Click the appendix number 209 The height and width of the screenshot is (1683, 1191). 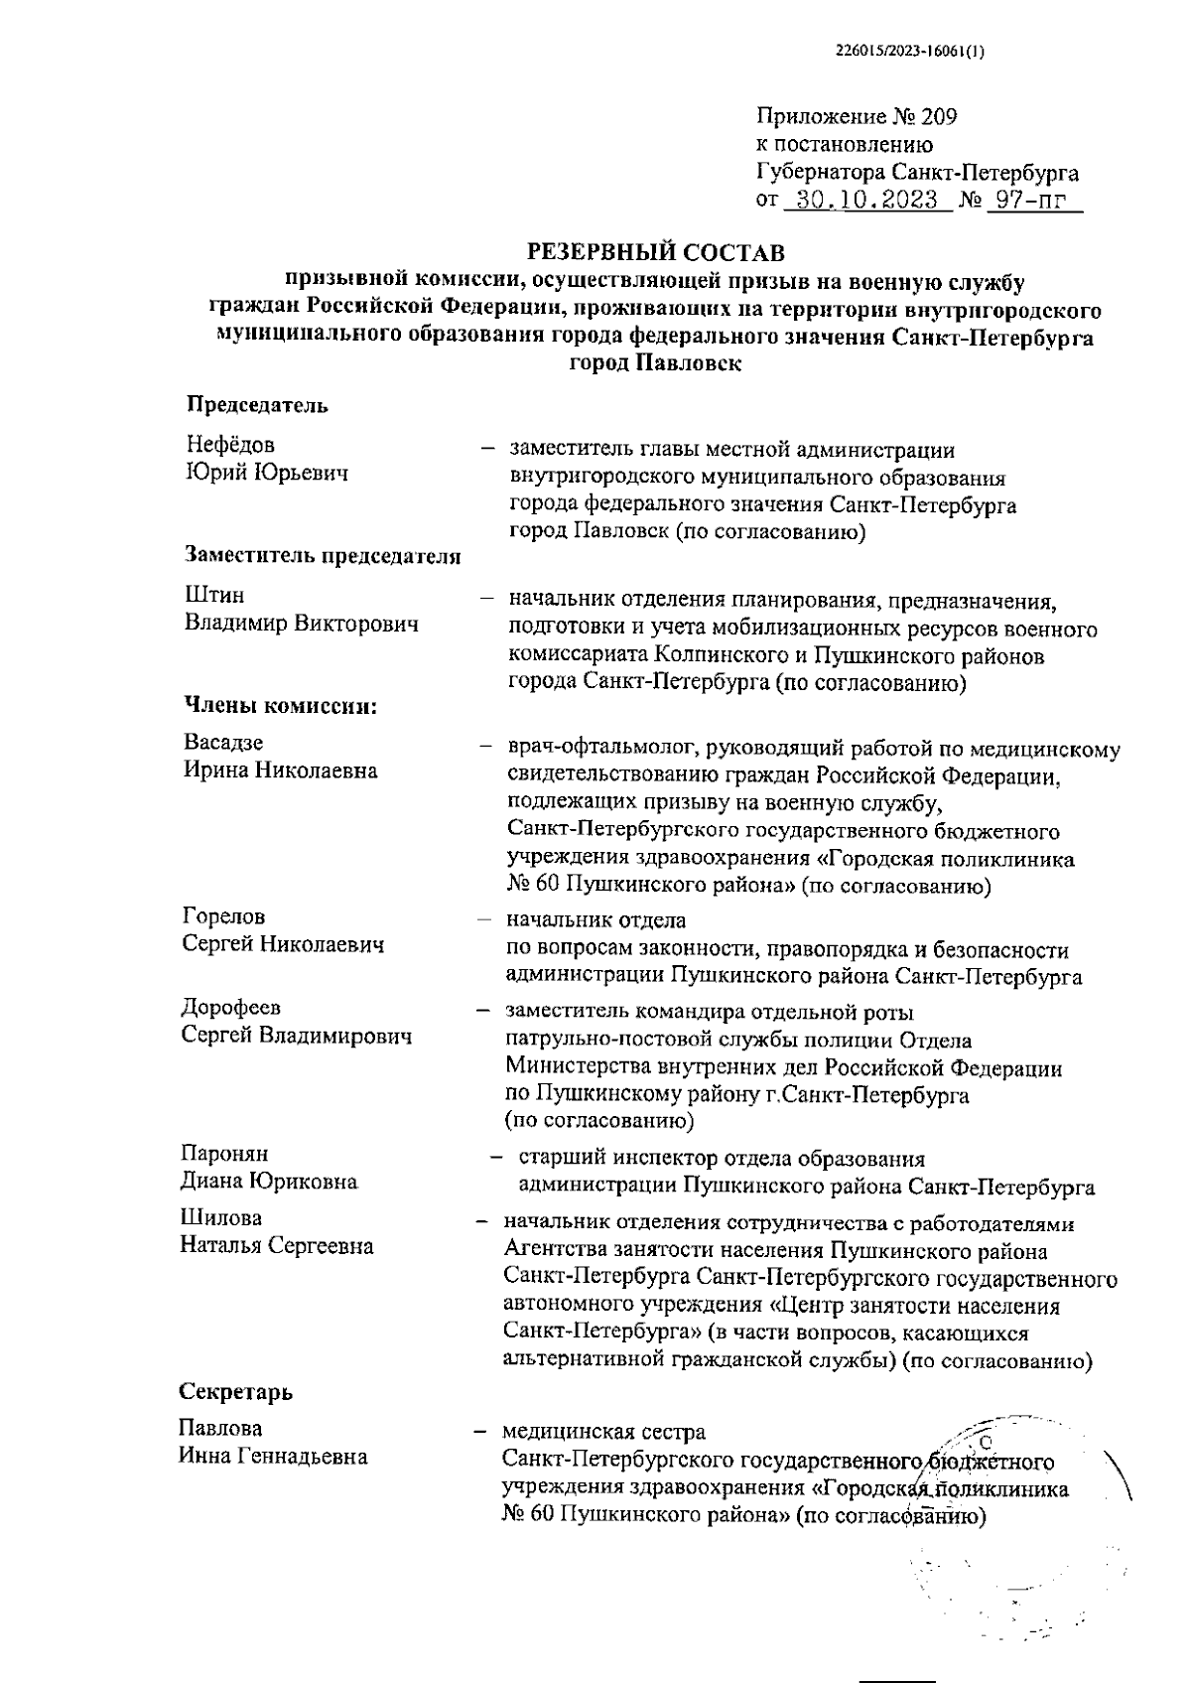(x=939, y=117)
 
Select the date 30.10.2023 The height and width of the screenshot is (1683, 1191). (x=868, y=200)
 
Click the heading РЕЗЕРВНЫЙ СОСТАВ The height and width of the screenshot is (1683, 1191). (x=655, y=248)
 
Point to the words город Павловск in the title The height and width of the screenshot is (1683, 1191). (x=655, y=363)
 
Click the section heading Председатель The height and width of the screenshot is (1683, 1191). (x=257, y=405)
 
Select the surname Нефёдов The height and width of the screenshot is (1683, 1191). (x=230, y=445)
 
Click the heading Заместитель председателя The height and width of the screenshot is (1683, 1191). (x=323, y=556)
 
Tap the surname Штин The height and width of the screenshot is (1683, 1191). (x=213, y=596)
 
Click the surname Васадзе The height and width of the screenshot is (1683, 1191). (x=223, y=743)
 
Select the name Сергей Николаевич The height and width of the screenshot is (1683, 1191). (x=283, y=944)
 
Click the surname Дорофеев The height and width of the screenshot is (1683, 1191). (x=230, y=1009)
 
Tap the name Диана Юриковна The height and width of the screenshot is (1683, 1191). (x=268, y=1182)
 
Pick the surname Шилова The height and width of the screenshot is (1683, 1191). (x=220, y=1218)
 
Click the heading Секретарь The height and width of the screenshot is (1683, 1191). (x=235, y=1391)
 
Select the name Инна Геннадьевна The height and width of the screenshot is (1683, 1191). (x=273, y=1457)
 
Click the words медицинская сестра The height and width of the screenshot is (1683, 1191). (x=603, y=1432)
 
